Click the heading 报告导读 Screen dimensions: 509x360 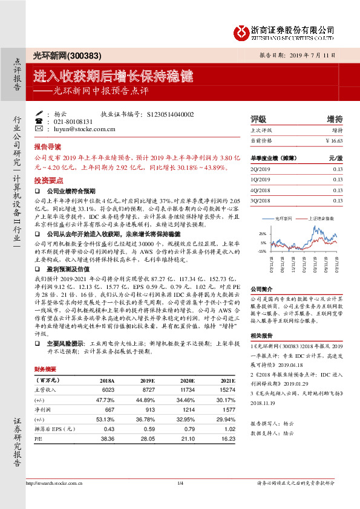[47, 147]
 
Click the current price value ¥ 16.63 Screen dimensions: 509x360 [333, 140]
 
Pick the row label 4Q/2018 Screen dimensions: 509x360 [261, 190]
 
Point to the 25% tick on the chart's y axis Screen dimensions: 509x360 [261, 233]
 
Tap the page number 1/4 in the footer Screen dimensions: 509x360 [180, 482]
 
